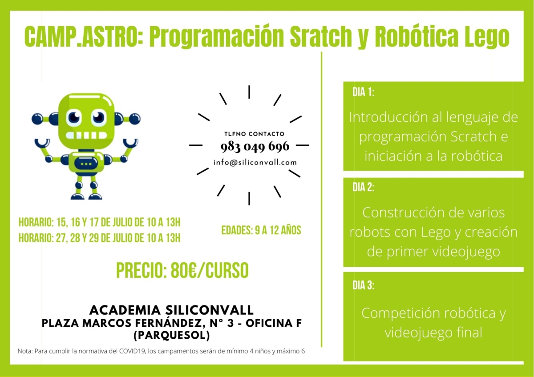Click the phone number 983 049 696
coord(255,146)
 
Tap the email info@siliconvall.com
coord(255,162)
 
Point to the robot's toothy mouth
coord(86,135)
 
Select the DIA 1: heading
coord(363,92)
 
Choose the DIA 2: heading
coord(363,187)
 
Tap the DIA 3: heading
coord(363,285)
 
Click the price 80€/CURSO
coord(210,271)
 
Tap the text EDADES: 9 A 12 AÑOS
coord(261,230)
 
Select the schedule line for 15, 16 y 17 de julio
coord(99,222)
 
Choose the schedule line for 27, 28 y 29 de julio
coord(99,238)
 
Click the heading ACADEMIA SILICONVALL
coord(171,310)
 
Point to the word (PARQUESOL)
coord(172,335)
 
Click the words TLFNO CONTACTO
coord(255,134)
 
